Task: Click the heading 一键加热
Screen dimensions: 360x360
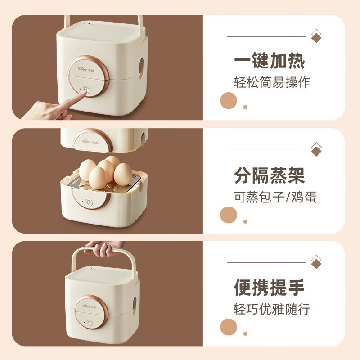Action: [x=269, y=61]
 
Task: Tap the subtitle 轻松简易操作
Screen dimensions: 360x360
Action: [x=272, y=82]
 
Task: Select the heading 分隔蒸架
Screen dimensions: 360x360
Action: [x=269, y=175]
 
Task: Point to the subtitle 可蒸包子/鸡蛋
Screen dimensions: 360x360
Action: [x=275, y=197]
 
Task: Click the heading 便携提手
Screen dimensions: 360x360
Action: [x=269, y=288]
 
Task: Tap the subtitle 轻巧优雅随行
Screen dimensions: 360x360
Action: [x=272, y=309]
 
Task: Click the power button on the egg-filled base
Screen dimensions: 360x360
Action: [x=89, y=202]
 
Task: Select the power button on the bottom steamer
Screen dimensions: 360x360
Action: [x=90, y=323]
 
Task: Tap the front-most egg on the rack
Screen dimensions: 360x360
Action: [x=98, y=178]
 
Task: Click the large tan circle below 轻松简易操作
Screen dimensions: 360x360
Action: [x=229, y=101]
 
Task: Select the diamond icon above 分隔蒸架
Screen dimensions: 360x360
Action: [x=316, y=149]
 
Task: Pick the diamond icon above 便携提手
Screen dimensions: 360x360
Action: [x=316, y=262]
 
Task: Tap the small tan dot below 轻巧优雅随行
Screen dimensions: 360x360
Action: [x=245, y=333]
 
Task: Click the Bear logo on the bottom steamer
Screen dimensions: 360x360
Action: [x=89, y=306]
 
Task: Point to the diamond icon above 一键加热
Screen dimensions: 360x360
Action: [x=316, y=36]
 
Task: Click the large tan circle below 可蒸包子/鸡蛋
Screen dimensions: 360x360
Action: [x=229, y=215]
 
